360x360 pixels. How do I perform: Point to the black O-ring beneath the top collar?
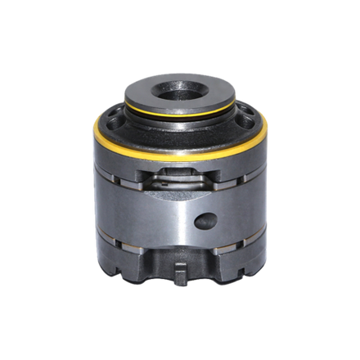point(179,114)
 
